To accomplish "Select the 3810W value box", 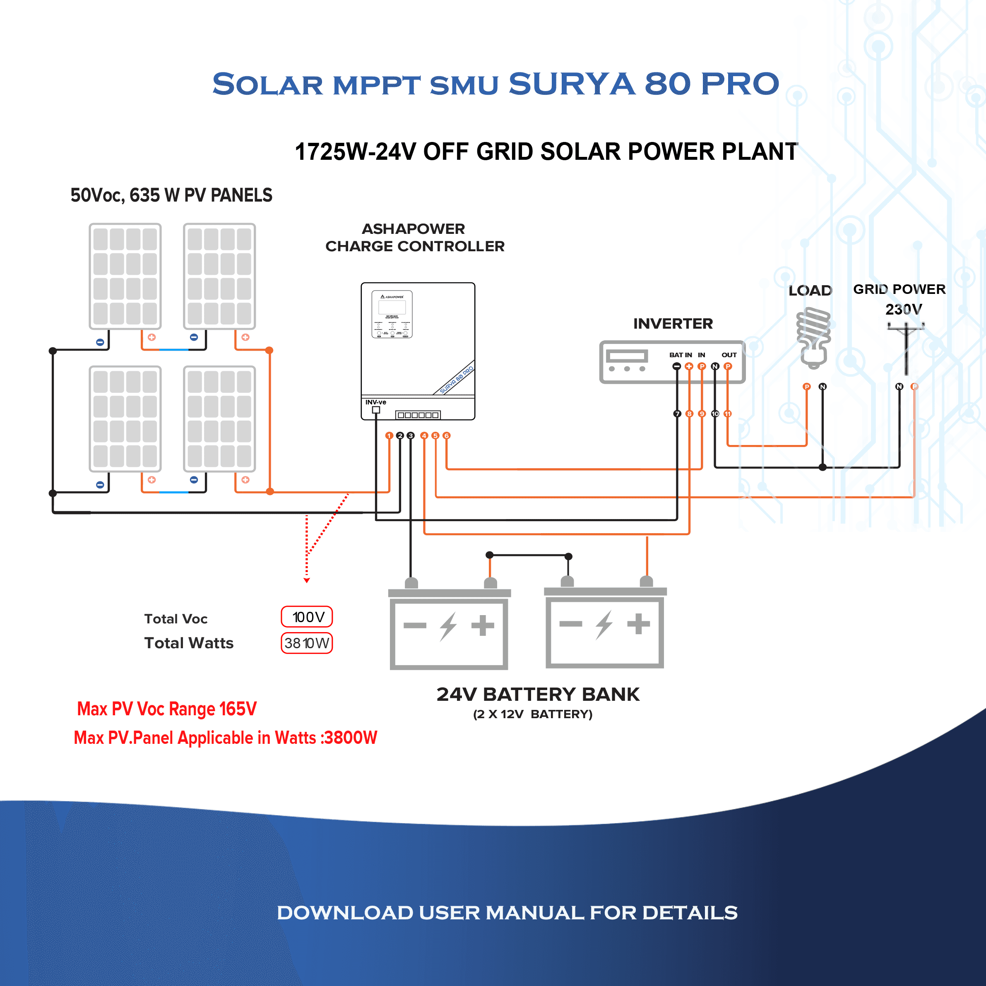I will [307, 643].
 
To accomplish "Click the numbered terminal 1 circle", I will [389, 435].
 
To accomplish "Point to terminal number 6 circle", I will [447, 435].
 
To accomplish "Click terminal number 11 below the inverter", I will [728, 414].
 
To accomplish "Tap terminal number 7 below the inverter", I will [677, 414].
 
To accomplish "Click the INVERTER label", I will [673, 324].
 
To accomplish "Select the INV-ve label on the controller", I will [375, 402].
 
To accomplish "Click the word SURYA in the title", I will [572, 84].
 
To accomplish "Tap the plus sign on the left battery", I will [482, 625].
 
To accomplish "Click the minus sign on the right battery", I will [570, 624].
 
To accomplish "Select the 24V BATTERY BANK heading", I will [538, 694].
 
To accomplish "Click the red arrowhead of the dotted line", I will [307, 580].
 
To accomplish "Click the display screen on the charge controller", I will [392, 307].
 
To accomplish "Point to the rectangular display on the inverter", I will [627, 356].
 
